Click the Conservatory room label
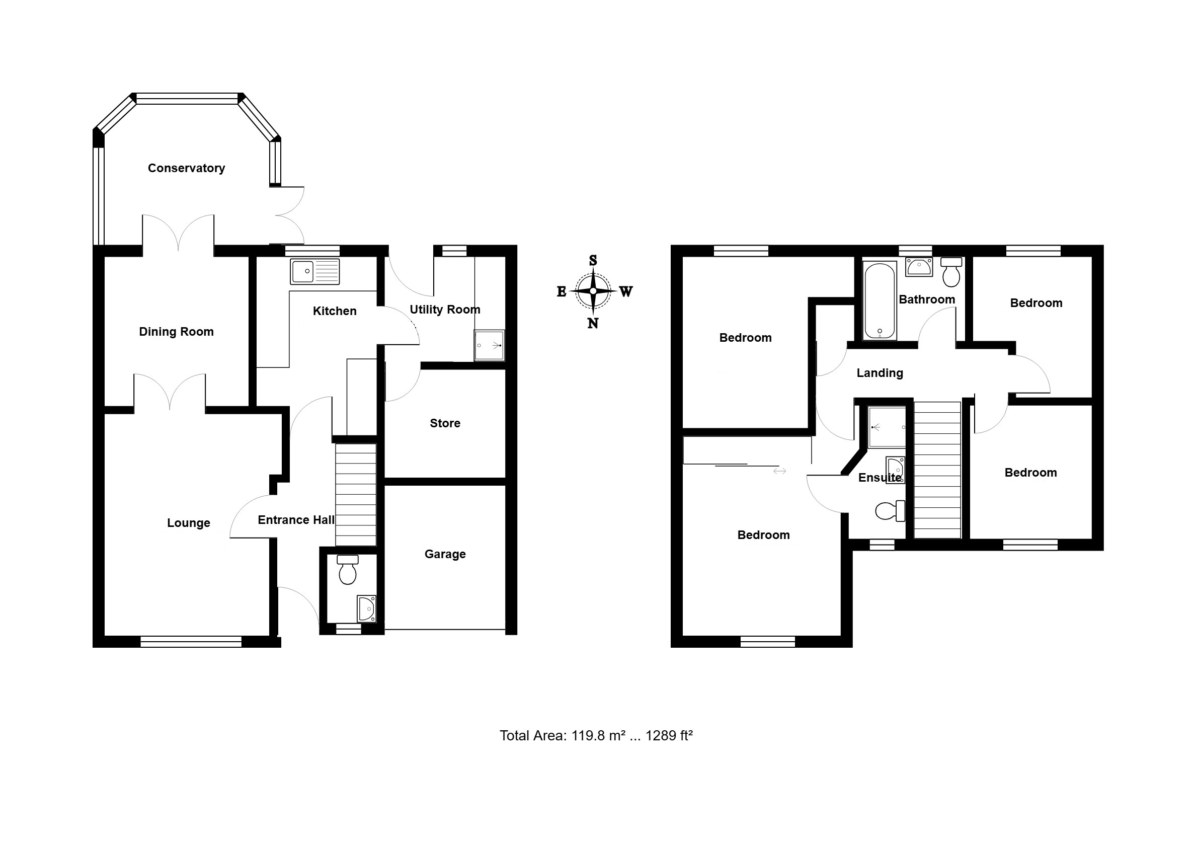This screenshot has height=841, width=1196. [187, 168]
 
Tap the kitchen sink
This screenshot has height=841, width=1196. [314, 271]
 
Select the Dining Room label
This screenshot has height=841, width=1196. [176, 332]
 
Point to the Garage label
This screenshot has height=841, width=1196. [445, 554]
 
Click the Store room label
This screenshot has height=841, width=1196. [445, 423]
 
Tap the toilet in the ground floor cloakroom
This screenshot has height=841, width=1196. [348, 570]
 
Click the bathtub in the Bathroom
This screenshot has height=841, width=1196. [880, 300]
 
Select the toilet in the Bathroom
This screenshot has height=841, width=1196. [951, 271]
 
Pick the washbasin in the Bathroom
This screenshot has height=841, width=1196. [919, 267]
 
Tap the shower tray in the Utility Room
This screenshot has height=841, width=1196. [489, 345]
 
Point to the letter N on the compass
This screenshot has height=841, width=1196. [593, 324]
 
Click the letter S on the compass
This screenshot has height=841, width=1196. [593, 261]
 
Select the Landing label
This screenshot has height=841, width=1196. [880, 373]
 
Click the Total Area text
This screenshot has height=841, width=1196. [596, 735]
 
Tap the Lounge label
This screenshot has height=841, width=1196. [189, 523]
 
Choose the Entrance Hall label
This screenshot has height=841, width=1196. [296, 520]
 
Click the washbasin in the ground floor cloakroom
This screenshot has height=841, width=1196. [367, 609]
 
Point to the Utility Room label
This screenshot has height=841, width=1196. [445, 310]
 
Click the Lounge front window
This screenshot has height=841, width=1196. [191, 641]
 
